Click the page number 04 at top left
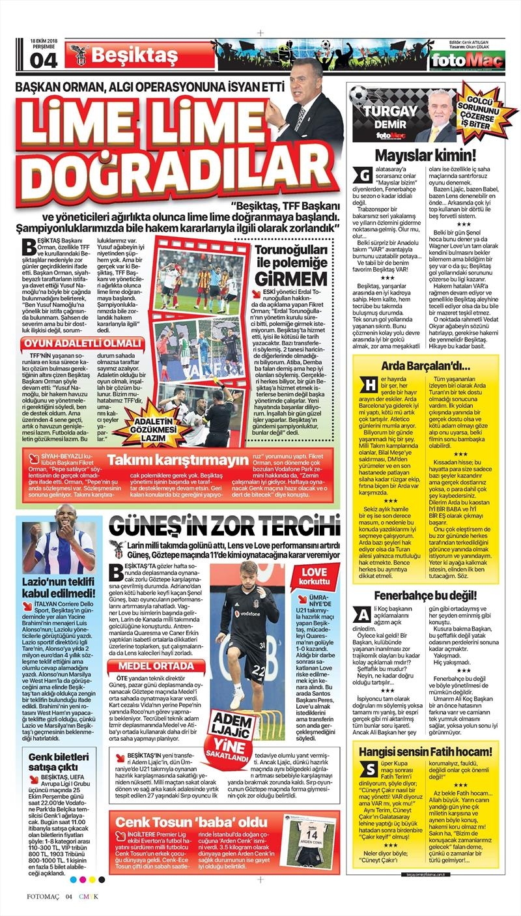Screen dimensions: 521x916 pos(44,59)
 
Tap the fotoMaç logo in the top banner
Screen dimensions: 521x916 pos(467,61)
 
